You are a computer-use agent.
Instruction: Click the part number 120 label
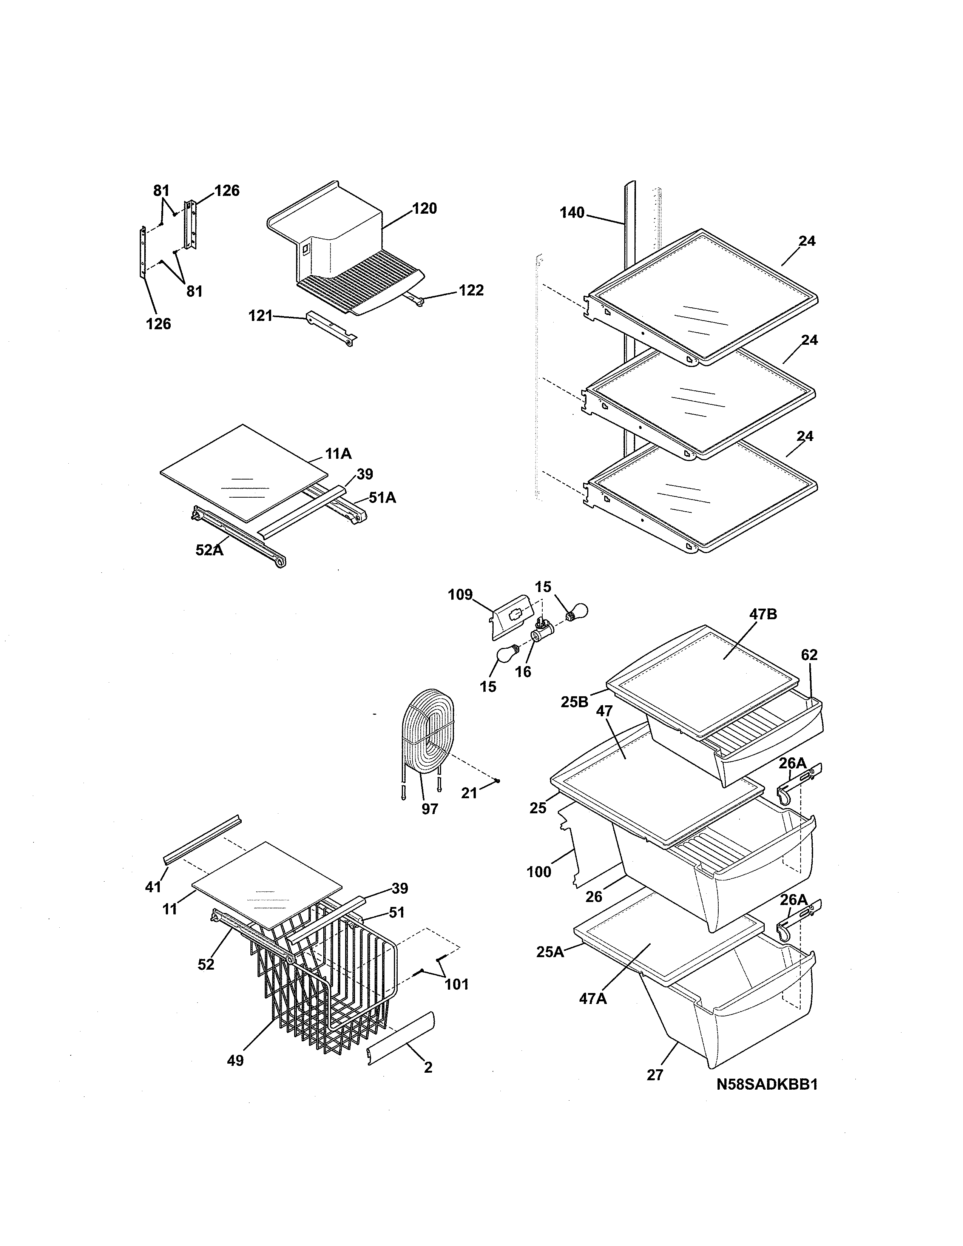424,208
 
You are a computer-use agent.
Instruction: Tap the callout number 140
572,213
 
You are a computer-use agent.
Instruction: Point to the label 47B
763,614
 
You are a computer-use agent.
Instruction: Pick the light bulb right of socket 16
576,612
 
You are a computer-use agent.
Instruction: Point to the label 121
261,316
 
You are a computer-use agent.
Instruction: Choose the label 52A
209,550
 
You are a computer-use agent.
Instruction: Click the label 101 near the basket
457,984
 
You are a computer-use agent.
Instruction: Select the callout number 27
655,1075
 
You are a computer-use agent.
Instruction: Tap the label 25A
550,951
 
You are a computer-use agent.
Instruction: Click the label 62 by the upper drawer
809,655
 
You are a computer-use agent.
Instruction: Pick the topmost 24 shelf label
807,241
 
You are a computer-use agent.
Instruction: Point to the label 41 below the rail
153,886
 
